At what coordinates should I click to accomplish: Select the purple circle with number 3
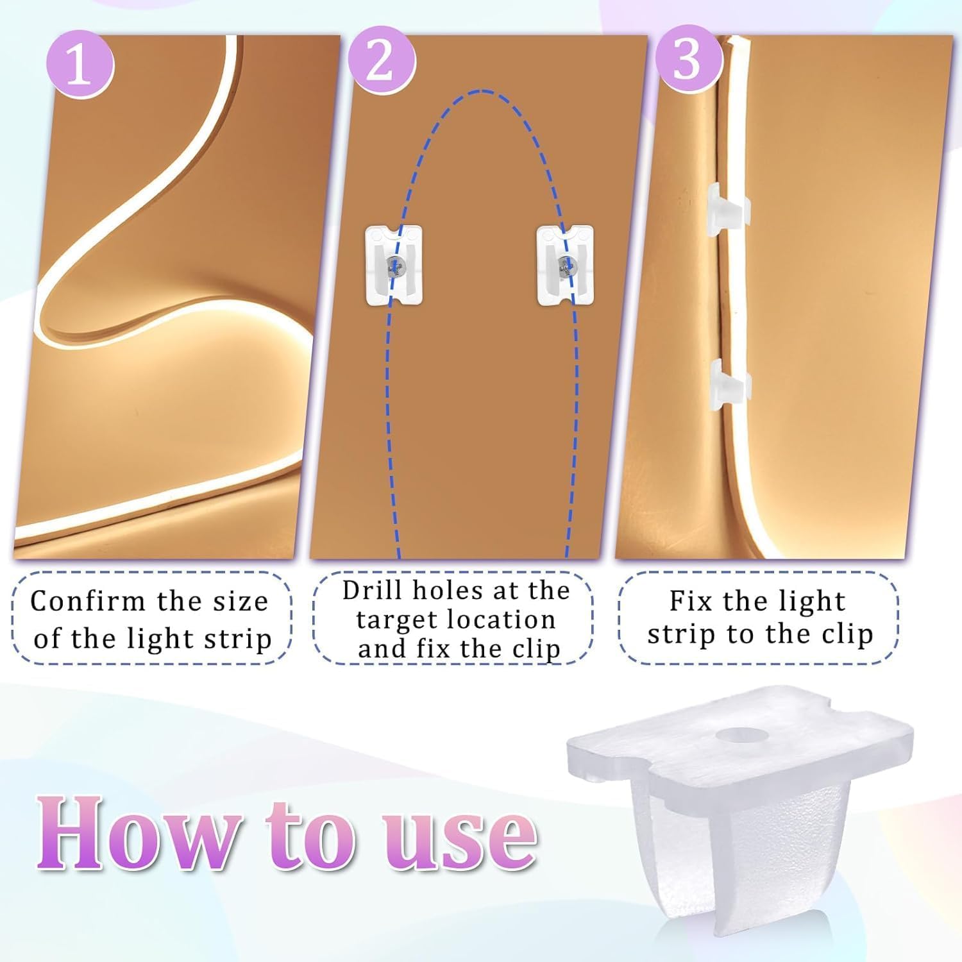[x=687, y=60]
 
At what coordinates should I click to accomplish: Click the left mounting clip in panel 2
[x=394, y=265]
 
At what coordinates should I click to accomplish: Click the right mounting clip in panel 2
[x=565, y=264]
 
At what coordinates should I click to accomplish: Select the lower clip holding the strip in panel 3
[x=730, y=384]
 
